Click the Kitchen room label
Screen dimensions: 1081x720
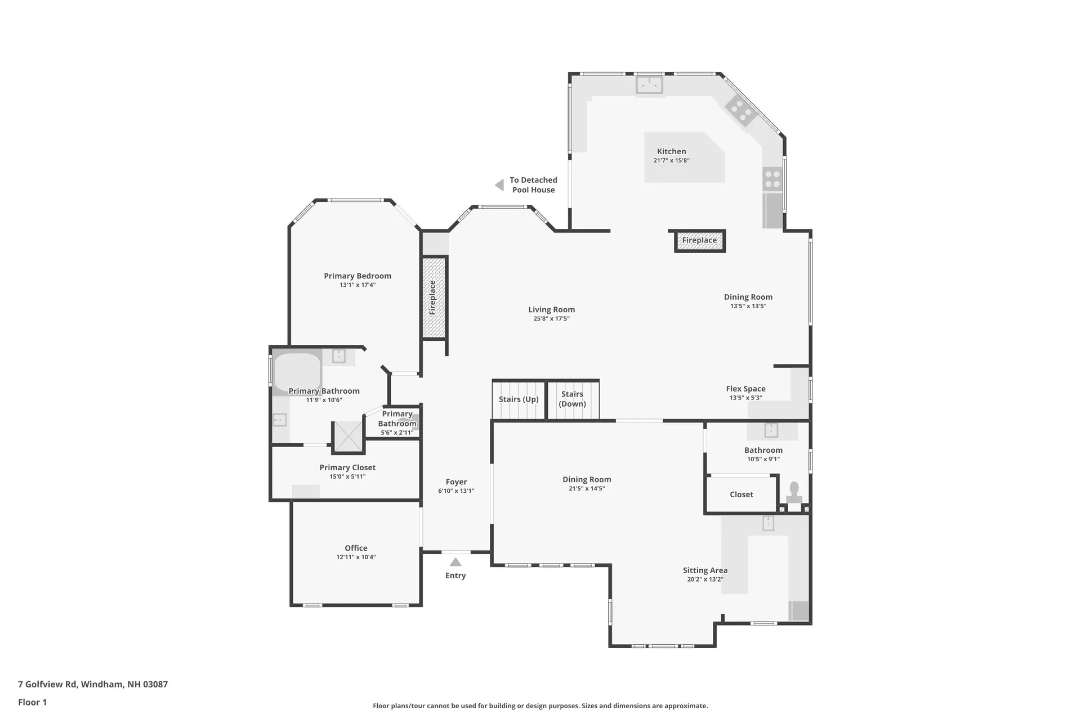[x=671, y=151]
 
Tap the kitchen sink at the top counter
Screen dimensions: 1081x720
[x=649, y=85]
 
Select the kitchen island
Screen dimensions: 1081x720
[x=684, y=157]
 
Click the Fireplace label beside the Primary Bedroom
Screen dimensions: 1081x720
[x=432, y=298]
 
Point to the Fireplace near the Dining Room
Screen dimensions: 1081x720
[x=699, y=240]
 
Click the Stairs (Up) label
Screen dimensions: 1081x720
[x=519, y=399]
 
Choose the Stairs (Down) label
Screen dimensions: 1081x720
[x=572, y=399]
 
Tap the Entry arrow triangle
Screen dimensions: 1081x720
[x=455, y=562]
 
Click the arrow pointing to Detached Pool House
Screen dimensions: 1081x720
[x=499, y=185]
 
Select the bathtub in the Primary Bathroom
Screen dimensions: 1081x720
[x=297, y=372]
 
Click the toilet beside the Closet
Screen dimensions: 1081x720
[x=794, y=492]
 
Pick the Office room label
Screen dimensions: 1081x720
[x=356, y=548]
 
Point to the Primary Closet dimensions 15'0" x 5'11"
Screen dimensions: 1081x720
[x=347, y=477]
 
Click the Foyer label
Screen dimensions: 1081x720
[x=456, y=482]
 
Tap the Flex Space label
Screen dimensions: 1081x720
[x=745, y=389]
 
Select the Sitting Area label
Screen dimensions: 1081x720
[x=705, y=570]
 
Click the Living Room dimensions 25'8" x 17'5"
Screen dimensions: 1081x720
[x=551, y=319]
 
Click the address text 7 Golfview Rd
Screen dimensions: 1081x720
[x=48, y=685]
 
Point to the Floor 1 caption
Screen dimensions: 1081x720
[x=32, y=702]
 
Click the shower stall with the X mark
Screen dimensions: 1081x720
[x=348, y=436]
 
